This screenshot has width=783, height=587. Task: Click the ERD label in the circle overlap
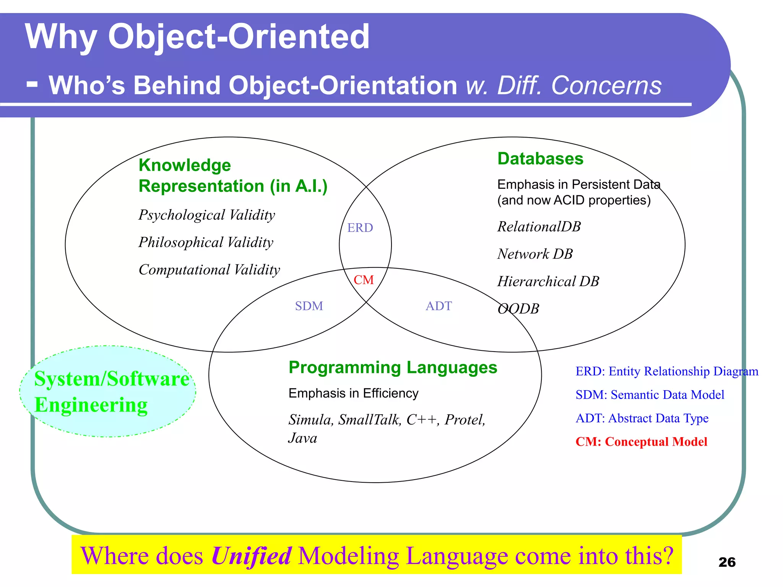pos(360,228)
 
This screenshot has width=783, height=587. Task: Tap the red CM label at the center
pos(363,280)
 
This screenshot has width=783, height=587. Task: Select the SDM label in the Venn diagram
pos(309,306)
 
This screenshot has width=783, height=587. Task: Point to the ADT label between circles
pos(439,306)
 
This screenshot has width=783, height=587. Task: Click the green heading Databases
pos(540,159)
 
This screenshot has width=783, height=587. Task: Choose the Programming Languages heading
pos(393,367)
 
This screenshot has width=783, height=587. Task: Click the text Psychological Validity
pos(206,215)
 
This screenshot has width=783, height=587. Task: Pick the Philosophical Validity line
pos(206,242)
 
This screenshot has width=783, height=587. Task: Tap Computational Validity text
pos(209,270)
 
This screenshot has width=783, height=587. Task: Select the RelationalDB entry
pos(539,227)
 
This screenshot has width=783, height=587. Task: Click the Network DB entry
pos(535,254)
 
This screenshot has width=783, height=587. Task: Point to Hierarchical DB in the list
pos(548,282)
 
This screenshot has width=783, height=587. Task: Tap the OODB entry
pos(518,309)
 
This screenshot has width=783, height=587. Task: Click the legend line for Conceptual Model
pos(641,442)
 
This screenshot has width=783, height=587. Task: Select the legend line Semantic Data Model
pos(650,395)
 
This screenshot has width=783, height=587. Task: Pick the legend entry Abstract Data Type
pos(642,418)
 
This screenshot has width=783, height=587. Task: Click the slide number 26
pos(727,562)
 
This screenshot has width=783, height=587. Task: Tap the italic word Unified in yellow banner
pos(251,556)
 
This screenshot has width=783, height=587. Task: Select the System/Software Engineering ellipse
pos(108,391)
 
